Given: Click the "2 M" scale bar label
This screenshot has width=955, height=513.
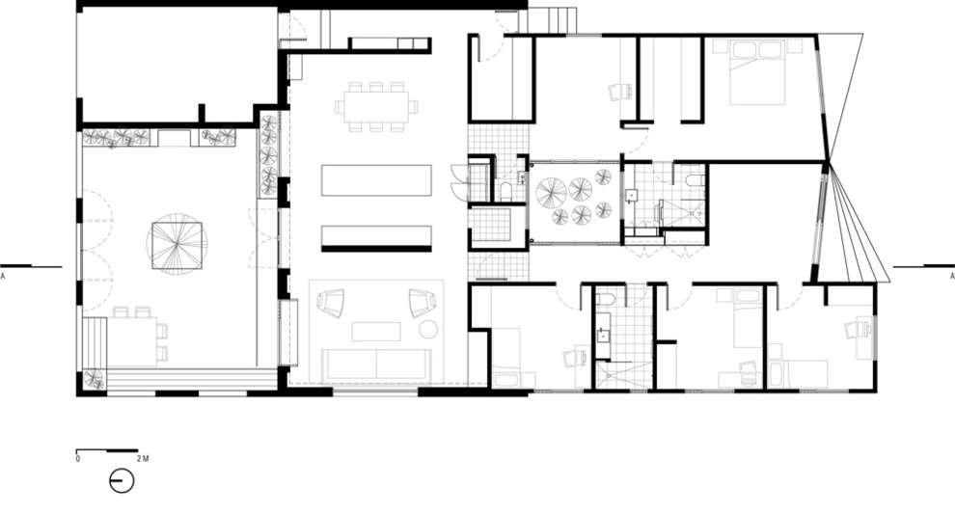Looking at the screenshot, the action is pos(143,459).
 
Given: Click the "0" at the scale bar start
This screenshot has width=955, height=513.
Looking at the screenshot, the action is pos(78,459).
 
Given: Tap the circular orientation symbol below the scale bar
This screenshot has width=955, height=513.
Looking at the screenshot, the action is pos(122,481).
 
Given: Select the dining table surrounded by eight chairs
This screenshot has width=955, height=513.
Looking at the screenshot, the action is pos(376,107).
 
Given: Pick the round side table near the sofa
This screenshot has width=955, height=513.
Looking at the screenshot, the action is pos(428,329).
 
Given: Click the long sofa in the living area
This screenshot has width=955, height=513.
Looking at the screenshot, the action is pos(376,364).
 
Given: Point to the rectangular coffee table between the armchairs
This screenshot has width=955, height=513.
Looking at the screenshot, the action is pos(376,332).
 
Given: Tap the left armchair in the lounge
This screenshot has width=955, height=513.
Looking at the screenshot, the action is pos(330,303).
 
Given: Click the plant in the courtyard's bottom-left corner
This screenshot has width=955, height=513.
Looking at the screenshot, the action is pos(94,379).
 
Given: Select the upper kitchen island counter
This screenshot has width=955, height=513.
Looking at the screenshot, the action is pos(376,180).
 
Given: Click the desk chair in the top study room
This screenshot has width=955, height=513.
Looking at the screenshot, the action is pos(620,92).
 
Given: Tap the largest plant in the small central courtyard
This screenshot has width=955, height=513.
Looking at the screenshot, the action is pos(551,194).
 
